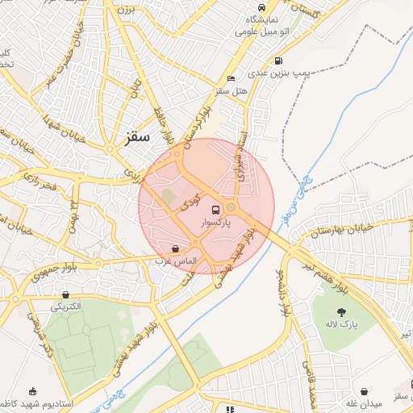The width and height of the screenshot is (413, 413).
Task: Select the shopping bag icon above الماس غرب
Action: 176,248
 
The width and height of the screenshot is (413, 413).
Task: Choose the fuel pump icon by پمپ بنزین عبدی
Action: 278,60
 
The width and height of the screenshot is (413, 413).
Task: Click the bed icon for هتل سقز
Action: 232,79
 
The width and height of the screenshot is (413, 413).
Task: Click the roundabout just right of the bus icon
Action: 231,207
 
